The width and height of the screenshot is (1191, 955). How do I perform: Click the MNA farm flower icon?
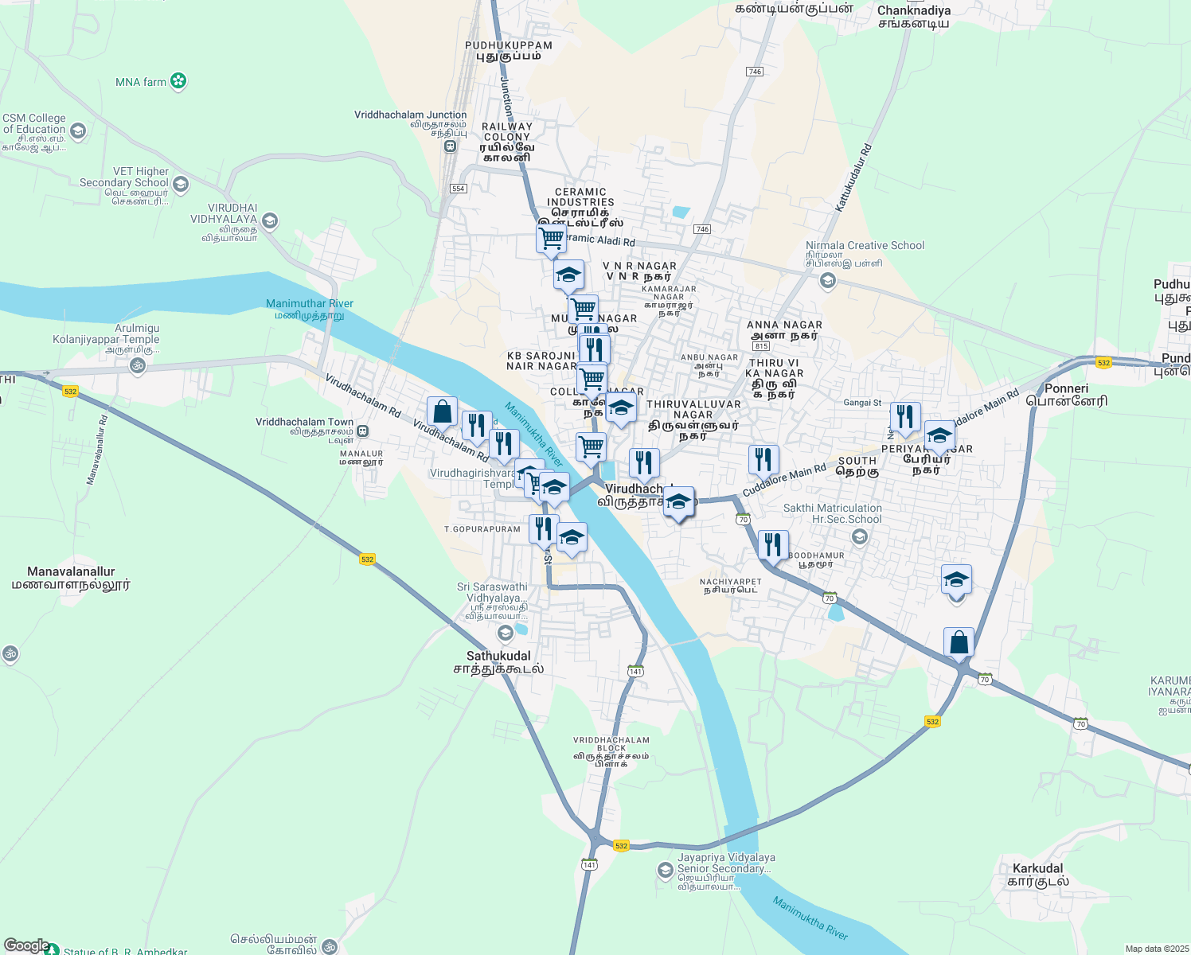point(179,81)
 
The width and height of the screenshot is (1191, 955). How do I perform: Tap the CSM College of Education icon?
point(78,131)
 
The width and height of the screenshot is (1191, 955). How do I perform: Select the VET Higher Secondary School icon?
point(181,185)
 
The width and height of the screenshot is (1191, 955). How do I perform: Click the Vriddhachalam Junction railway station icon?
point(451,146)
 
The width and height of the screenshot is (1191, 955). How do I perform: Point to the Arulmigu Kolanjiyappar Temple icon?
point(138,366)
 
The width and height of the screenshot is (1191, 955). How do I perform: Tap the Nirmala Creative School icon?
point(828,280)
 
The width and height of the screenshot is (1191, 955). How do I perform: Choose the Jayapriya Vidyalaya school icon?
point(666,871)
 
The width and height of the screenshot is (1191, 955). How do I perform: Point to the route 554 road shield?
point(458,189)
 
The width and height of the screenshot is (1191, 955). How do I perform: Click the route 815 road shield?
point(760,346)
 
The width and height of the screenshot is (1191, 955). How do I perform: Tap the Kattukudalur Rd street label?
point(854,177)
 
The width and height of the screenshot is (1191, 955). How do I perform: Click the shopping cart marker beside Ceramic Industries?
point(551,239)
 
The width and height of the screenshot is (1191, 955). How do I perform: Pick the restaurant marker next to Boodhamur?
point(773,545)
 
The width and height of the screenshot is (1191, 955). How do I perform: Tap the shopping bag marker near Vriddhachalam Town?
point(443,411)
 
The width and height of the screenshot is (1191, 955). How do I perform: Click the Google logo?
point(26,945)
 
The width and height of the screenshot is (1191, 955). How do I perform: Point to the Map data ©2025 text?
point(1156,949)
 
